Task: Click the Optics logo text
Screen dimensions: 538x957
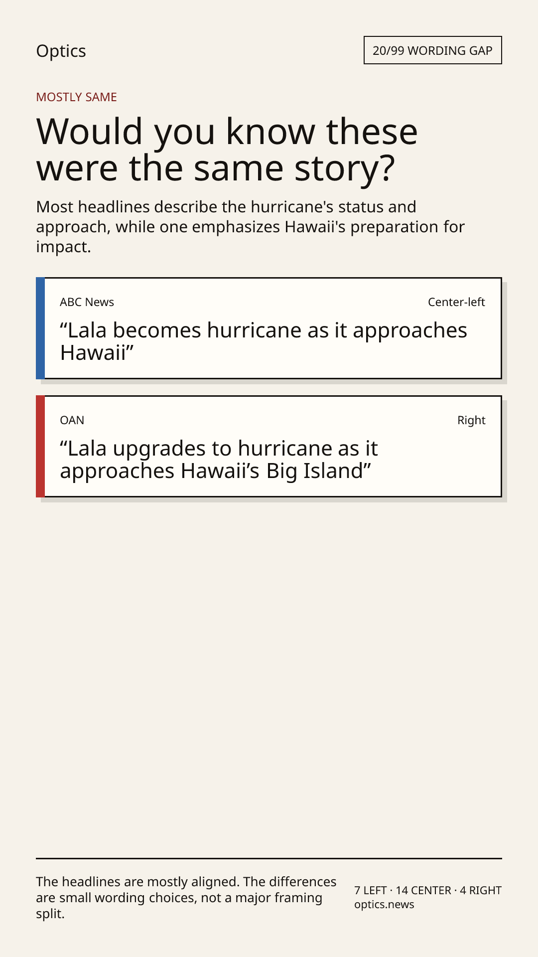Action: pyautogui.click(x=61, y=51)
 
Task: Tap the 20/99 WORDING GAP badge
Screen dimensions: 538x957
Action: pyautogui.click(x=432, y=50)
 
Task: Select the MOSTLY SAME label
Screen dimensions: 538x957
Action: pyautogui.click(x=76, y=97)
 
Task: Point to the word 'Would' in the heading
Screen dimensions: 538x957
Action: pyautogui.click(x=90, y=132)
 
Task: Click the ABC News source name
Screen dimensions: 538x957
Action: pyautogui.click(x=87, y=302)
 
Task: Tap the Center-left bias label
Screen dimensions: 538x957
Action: pyautogui.click(x=456, y=302)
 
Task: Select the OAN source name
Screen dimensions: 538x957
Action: pyautogui.click(x=72, y=420)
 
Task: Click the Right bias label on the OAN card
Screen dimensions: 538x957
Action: pyautogui.click(x=471, y=420)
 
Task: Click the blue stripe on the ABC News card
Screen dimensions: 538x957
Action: pyautogui.click(x=40, y=328)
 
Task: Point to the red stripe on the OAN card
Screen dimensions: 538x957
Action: pyautogui.click(x=40, y=446)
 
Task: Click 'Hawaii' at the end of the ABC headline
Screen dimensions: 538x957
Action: pyautogui.click(x=93, y=353)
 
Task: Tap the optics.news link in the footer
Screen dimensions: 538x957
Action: pyautogui.click(x=384, y=905)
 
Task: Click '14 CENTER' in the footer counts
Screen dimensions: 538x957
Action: pyautogui.click(x=423, y=890)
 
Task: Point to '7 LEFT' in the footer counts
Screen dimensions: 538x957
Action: pyautogui.click(x=371, y=890)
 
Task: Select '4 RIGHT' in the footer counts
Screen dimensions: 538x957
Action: pyautogui.click(x=481, y=890)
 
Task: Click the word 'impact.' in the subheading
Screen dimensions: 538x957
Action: pyautogui.click(x=63, y=247)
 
